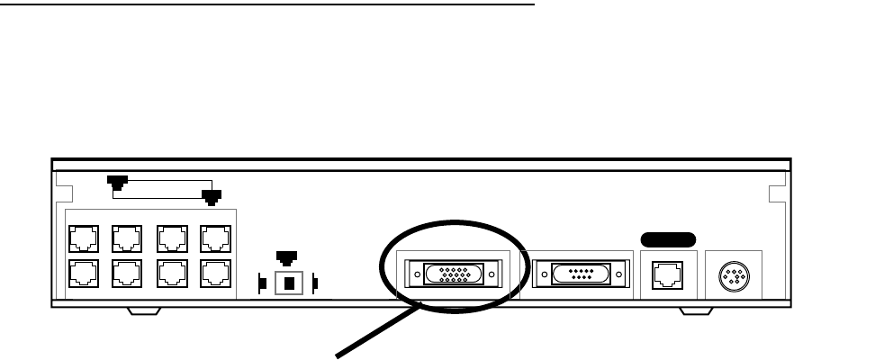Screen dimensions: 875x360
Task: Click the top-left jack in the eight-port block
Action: (x=82, y=237)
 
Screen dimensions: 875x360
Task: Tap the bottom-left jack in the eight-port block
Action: (x=82, y=273)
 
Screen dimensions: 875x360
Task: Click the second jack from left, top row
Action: (x=125, y=237)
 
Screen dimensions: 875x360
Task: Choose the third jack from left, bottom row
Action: (x=169, y=273)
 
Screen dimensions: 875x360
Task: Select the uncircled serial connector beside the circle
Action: (x=578, y=274)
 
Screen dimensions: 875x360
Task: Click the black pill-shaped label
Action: (x=667, y=238)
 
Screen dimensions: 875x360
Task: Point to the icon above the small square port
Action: (x=287, y=259)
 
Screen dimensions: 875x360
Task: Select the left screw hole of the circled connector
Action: (x=417, y=274)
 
